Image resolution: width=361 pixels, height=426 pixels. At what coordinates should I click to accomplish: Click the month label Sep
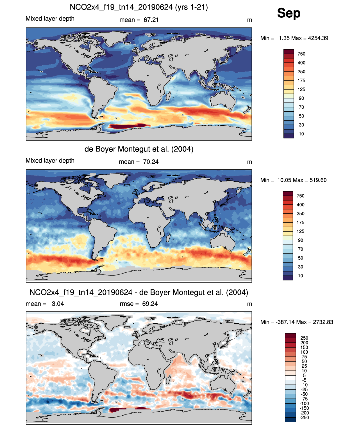289,13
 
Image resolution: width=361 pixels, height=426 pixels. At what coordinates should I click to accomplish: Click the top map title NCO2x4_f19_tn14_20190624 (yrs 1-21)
139,7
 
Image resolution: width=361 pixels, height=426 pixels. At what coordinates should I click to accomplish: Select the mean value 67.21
151,20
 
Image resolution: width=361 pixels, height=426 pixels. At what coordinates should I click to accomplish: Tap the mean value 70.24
151,162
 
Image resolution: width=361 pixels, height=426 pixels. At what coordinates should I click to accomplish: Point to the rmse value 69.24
150,304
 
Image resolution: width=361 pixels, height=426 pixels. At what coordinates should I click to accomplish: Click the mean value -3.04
57,304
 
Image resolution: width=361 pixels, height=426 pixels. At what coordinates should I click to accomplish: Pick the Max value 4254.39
318,38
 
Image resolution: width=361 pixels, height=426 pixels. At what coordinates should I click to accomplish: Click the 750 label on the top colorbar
301,54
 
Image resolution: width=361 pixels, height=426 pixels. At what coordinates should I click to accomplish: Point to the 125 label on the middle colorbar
300,231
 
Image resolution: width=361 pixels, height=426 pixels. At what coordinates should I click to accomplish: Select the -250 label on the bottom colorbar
304,418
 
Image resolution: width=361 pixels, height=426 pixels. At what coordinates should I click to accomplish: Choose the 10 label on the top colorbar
301,134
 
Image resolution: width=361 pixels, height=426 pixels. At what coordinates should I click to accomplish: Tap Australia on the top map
223,100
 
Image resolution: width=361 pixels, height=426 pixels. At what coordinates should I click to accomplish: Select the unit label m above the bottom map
249,304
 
